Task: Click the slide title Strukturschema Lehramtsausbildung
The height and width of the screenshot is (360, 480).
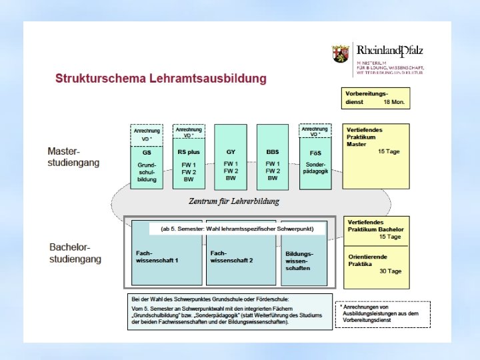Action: (160, 79)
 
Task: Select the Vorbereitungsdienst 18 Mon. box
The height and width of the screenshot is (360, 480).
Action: (376, 98)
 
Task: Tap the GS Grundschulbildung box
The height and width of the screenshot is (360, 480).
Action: (147, 165)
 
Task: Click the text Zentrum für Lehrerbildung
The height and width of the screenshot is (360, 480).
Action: (233, 201)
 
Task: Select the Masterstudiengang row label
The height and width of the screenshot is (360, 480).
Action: (73, 157)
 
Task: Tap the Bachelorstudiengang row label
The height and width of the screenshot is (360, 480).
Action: (75, 253)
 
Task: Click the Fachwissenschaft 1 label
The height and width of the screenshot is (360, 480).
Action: (153, 257)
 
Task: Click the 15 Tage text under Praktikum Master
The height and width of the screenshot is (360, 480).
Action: (389, 152)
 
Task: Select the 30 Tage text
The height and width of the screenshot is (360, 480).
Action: (390, 271)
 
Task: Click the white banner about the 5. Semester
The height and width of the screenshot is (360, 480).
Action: (237, 229)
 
